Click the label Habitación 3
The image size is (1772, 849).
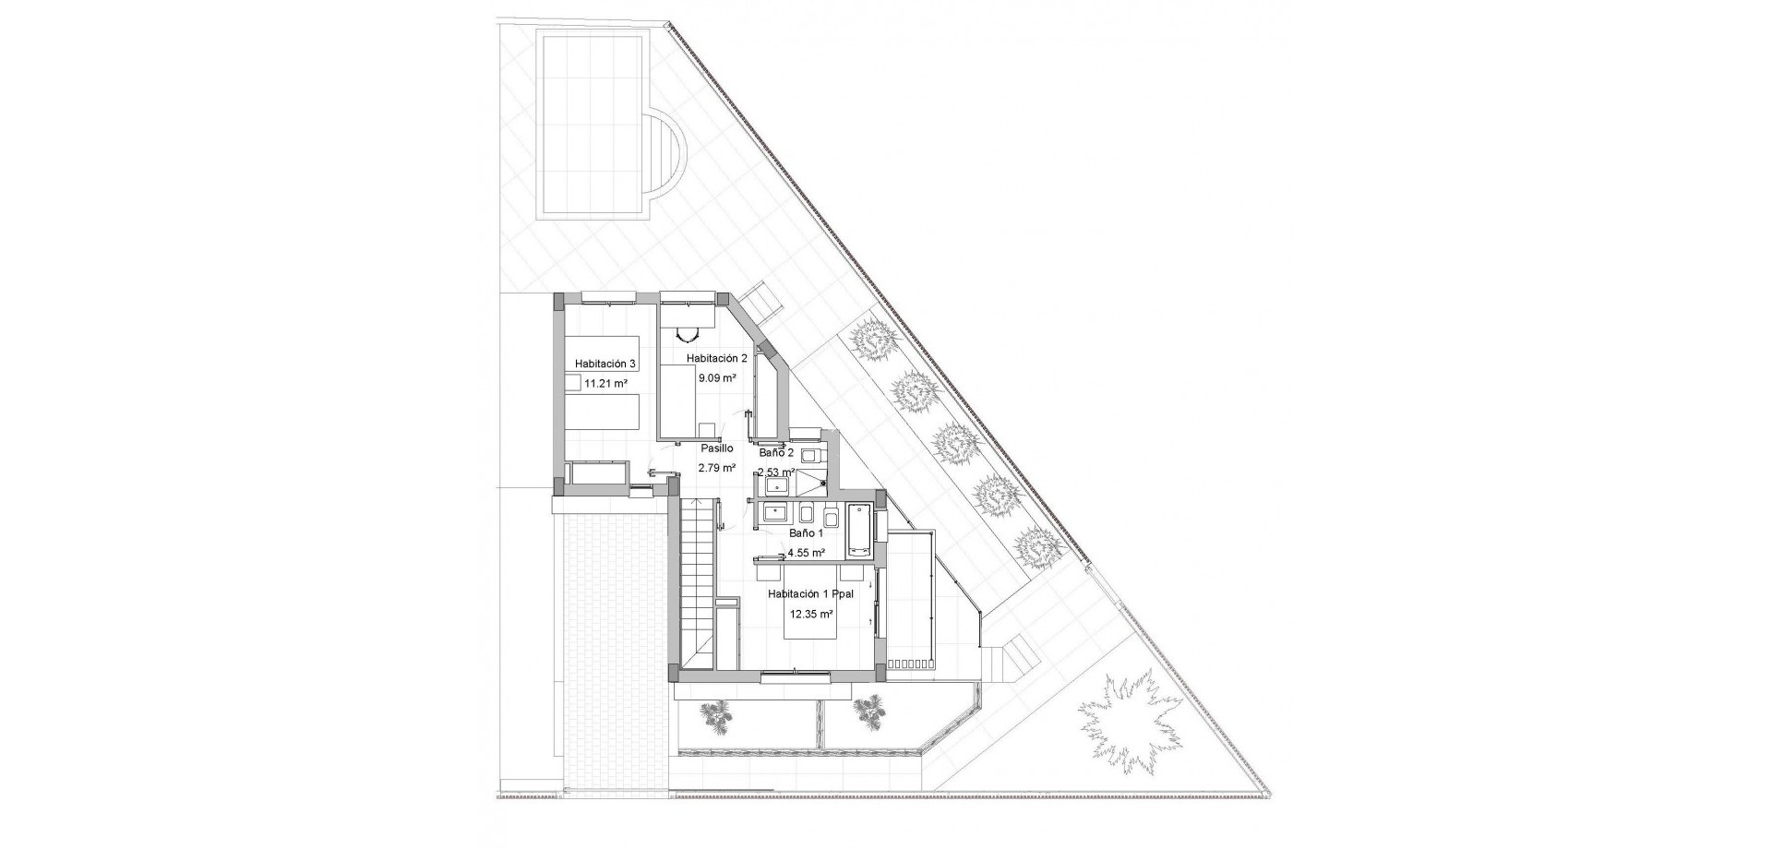[x=605, y=365]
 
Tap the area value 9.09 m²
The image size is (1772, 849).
[x=717, y=378]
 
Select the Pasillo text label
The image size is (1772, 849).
[x=716, y=448]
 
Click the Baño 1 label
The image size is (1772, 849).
[x=806, y=533]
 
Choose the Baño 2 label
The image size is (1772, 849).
[x=776, y=453]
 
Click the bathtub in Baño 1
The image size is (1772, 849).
[x=859, y=530]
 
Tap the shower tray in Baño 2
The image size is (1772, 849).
[x=809, y=482]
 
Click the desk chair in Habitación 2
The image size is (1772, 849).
[x=687, y=336]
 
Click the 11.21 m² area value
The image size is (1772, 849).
[x=606, y=383]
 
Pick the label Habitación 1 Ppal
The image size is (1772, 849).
[x=811, y=595]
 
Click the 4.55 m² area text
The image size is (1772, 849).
[x=806, y=554]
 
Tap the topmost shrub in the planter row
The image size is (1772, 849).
[x=872, y=341]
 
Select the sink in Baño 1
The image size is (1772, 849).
[x=774, y=513]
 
